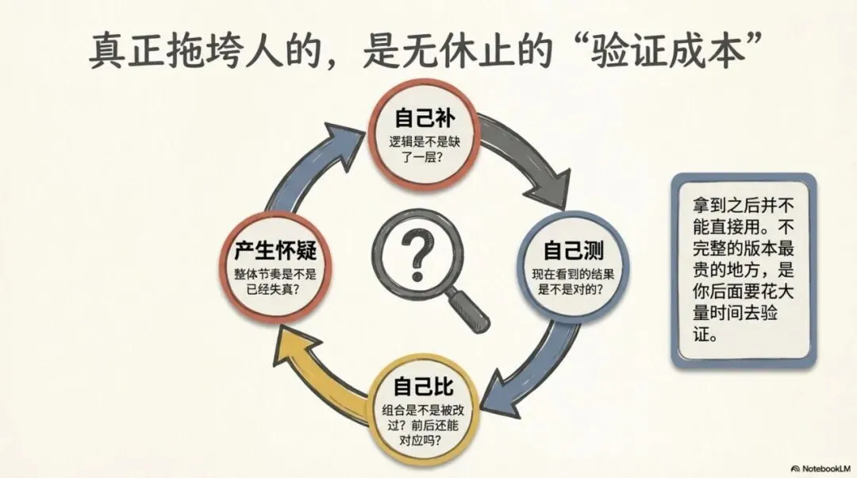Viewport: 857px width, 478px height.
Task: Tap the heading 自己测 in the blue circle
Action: pyautogui.click(x=573, y=252)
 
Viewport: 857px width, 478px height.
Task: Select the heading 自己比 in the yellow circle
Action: pyautogui.click(x=424, y=387)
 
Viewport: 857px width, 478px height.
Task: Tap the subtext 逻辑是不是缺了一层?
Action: pyautogui.click(x=425, y=150)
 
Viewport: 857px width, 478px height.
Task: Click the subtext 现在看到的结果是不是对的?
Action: pyautogui.click(x=572, y=282)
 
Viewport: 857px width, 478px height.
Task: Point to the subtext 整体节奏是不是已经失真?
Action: pyautogui.click(x=275, y=279)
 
